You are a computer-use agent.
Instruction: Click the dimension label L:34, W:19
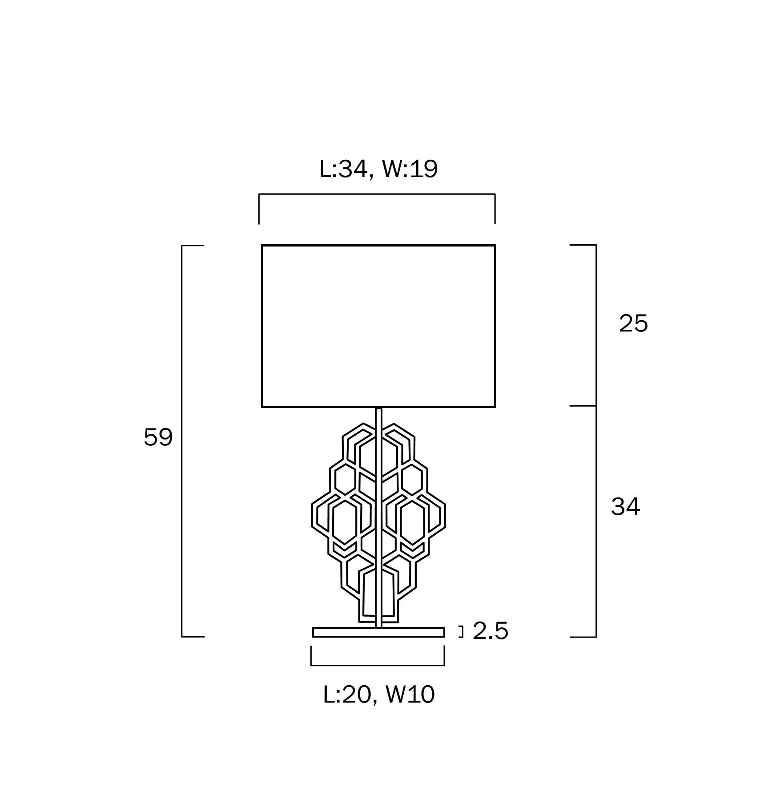378,170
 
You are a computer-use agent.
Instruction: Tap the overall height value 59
158,437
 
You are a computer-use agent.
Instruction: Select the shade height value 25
633,323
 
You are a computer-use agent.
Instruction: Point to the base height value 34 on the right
625,506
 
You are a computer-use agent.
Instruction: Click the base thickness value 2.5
490,631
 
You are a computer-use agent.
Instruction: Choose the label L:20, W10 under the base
379,695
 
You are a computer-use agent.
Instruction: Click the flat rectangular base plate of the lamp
378,632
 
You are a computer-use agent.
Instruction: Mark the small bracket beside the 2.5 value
462,632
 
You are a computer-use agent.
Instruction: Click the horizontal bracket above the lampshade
377,194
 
